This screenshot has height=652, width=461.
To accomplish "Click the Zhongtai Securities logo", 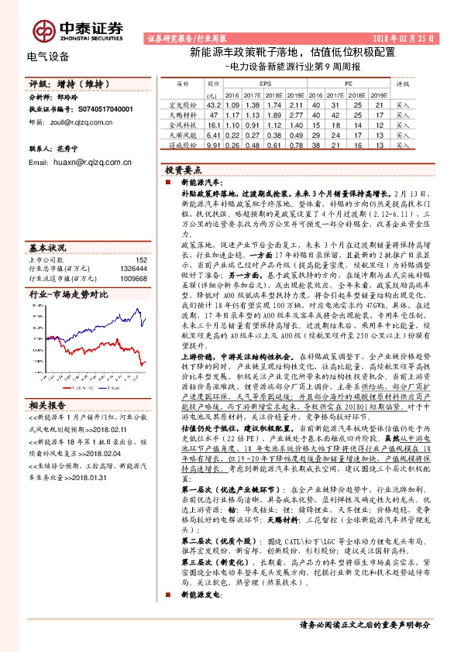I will tap(77, 29).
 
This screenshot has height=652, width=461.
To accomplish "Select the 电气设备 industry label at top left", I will tap(48, 57).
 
